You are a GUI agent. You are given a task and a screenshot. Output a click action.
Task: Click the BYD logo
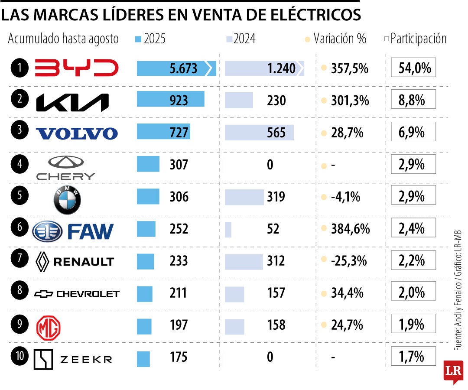tap(76, 68)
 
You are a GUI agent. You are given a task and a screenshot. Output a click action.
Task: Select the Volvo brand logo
tap(76, 133)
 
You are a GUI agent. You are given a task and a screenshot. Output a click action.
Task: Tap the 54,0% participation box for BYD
tap(413, 68)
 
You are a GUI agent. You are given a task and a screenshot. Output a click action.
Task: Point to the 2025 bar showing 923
tap(170, 100)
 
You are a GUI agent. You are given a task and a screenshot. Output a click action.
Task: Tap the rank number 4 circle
tap(20, 165)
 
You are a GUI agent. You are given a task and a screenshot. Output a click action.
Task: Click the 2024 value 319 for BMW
tap(276, 197)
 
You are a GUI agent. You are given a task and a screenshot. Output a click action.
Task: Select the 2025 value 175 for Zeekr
tap(179, 357)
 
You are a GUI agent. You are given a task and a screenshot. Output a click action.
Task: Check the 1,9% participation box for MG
tap(413, 325)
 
